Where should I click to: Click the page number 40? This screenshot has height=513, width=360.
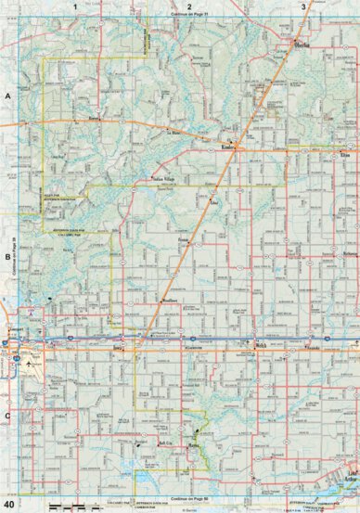[8, 505]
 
